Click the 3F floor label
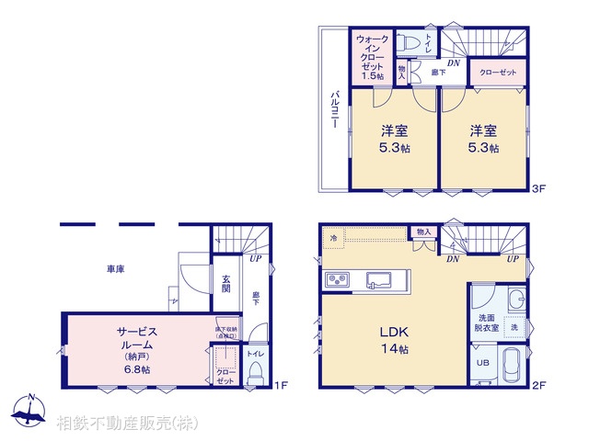coord(539,189)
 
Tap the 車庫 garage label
coord(115,269)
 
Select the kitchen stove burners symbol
coord(335,279)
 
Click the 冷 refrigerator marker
coord(333,238)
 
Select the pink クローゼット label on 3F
coord(497,72)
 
